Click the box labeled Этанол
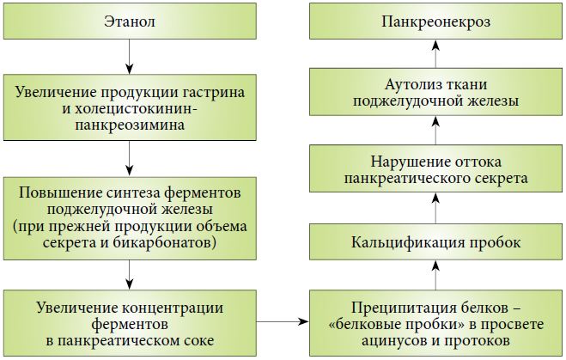130,21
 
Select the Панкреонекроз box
435,21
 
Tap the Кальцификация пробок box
435,242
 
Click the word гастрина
213,93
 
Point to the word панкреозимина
130,125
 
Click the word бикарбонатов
165,242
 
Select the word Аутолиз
409,84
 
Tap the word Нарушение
407,162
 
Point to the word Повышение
60,192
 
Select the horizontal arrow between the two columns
283,321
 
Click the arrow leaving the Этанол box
129,57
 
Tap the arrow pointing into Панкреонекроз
435,54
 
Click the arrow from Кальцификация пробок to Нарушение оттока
435,208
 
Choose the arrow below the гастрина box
129,158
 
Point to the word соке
199,341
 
